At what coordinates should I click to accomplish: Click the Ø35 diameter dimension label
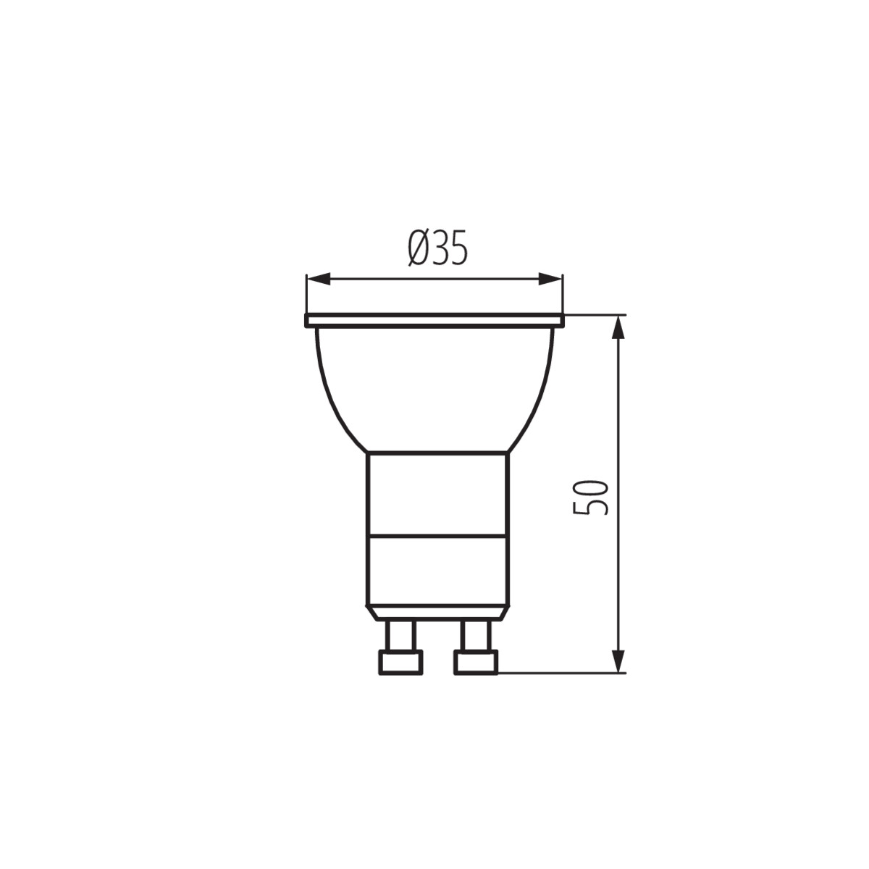pyautogui.click(x=437, y=248)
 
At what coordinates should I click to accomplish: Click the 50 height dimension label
pyautogui.click(x=590, y=498)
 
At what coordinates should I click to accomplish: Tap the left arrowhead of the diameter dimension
pyautogui.click(x=319, y=279)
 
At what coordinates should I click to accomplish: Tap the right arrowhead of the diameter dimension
pyautogui.click(x=550, y=279)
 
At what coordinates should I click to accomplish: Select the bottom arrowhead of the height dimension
pyautogui.click(x=620, y=661)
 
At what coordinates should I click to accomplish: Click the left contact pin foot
pyautogui.click(x=400, y=663)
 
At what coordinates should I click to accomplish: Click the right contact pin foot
pyautogui.click(x=476, y=663)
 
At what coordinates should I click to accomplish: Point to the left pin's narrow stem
pyautogui.click(x=400, y=635)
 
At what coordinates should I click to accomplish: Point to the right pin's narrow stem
pyautogui.click(x=476, y=635)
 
